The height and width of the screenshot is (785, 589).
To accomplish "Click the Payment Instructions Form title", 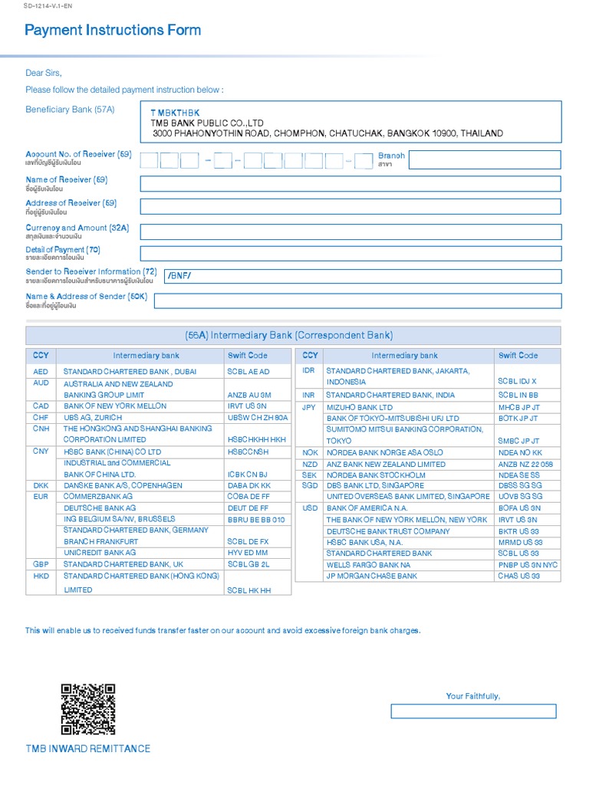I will [113, 31].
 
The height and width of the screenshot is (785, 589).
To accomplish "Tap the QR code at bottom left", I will [87, 709].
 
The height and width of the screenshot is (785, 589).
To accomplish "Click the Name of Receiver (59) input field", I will [350, 184].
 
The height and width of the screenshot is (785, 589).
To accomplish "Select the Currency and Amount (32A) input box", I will [350, 232].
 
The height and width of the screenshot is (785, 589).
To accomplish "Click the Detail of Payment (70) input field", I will [350, 254].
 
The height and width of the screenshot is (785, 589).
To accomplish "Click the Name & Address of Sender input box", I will [357, 301].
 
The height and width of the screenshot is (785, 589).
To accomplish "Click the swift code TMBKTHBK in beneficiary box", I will [175, 113].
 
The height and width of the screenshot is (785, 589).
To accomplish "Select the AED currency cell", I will [41, 371].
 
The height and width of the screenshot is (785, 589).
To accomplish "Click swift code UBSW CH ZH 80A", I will [257, 417].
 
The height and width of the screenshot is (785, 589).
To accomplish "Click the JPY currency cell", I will [309, 407].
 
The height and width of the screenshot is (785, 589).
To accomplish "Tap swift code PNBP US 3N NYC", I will [528, 564].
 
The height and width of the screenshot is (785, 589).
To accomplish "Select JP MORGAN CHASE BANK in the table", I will [372, 576].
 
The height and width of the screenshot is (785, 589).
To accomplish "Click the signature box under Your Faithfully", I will [473, 711].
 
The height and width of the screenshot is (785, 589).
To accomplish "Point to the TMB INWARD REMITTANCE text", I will [87, 748].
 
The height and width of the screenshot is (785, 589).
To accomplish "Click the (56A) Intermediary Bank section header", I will [294, 335].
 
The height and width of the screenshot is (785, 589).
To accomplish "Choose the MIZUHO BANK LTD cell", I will [359, 407].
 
